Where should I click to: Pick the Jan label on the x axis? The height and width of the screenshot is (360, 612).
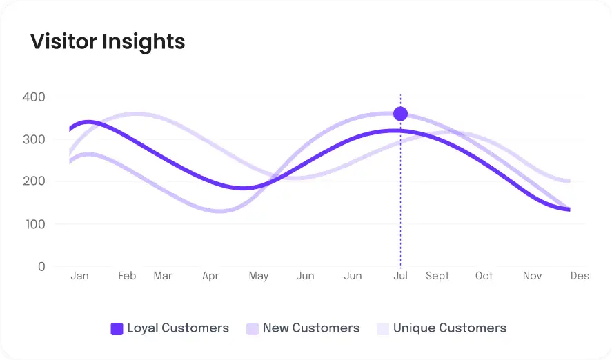(79, 276)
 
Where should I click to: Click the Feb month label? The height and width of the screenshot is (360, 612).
(127, 276)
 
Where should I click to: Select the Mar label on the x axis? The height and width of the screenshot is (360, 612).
(163, 276)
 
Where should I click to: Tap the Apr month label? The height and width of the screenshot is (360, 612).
(210, 276)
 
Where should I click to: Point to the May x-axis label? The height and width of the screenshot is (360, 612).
(258, 276)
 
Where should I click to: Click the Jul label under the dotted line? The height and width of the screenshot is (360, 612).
(400, 276)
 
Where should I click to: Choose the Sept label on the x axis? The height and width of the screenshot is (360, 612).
(437, 276)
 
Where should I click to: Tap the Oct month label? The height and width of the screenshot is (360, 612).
(484, 276)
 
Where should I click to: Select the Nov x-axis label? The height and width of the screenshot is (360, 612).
(532, 276)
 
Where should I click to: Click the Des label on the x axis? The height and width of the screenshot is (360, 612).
(580, 276)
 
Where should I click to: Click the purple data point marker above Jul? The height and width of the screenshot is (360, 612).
(400, 114)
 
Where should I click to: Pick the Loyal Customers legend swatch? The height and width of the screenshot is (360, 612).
(117, 329)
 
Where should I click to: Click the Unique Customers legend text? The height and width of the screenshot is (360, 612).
(450, 328)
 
